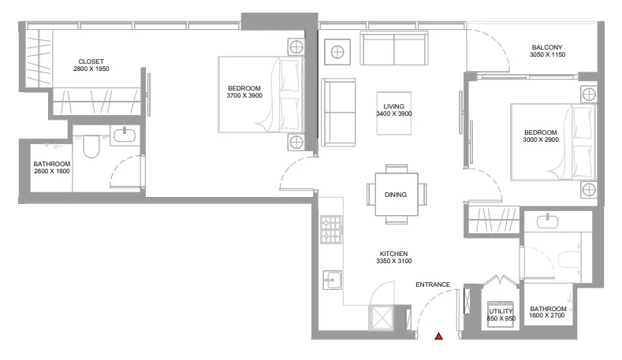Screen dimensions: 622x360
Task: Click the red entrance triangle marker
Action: [438, 336]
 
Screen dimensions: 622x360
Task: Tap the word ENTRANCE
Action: [433, 284]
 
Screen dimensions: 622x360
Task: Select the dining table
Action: [397, 195]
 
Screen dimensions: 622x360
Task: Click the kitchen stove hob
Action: [331, 229]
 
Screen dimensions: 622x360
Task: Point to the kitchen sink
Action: [332, 280]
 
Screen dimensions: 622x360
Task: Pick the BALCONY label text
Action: [547, 47]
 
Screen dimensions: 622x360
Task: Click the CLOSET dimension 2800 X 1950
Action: [91, 69]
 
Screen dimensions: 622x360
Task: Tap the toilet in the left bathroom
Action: [91, 147]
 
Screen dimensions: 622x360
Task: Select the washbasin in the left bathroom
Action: [125, 135]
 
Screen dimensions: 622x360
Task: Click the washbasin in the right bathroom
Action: [547, 221]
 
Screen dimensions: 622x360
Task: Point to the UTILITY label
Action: [501, 311]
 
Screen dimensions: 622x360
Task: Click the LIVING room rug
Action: [394, 113]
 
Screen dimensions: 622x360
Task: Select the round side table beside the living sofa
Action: [337, 52]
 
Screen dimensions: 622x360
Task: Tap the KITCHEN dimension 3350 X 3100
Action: [394, 261]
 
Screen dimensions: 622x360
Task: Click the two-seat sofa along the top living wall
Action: [394, 48]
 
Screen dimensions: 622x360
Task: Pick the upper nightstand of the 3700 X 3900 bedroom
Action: [296, 47]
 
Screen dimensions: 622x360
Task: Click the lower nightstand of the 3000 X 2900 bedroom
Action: [589, 190]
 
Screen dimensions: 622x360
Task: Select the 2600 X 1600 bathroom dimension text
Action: [52, 171]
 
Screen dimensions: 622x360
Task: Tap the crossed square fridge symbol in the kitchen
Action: [382, 317]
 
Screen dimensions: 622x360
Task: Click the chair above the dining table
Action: [397, 169]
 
